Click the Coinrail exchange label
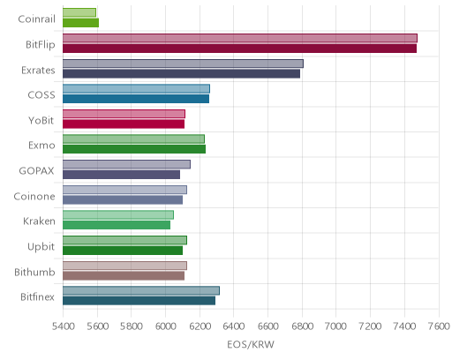36,19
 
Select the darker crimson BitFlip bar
239,49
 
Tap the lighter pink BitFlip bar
240,38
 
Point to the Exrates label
38,71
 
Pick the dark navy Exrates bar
181,74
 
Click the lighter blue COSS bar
136,88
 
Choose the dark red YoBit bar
124,124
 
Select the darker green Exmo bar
134,149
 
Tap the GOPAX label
36,171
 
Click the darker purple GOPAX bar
121,175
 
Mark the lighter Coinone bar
124,190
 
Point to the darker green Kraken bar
117,225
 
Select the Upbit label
41,247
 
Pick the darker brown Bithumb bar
124,276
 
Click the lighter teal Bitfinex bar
141,290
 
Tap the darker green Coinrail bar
80,23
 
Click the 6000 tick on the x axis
165,326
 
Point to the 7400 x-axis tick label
404,326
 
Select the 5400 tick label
64,326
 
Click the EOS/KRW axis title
251,344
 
